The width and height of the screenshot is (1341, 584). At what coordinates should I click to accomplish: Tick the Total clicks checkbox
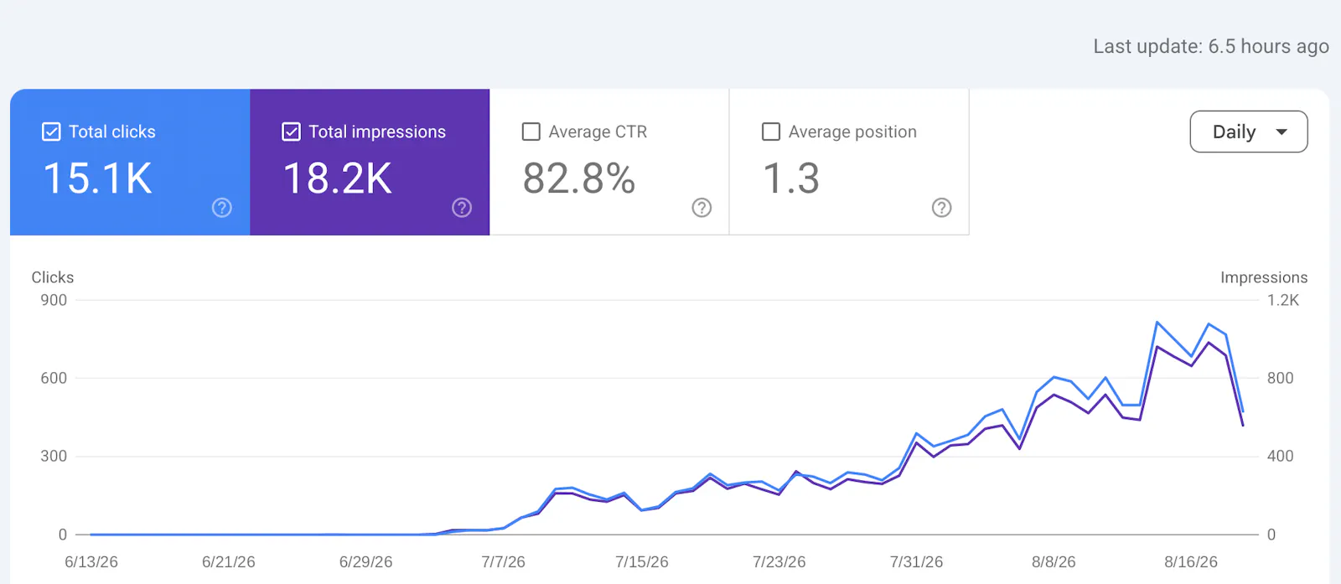(x=51, y=132)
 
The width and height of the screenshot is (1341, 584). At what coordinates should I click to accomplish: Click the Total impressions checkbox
(x=291, y=132)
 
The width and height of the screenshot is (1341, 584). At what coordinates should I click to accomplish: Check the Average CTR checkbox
(x=531, y=132)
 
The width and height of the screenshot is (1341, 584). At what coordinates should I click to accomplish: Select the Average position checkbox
(x=771, y=132)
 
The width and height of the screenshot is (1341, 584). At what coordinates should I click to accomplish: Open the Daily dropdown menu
(x=1249, y=132)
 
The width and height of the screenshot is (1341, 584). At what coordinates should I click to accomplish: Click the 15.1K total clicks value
(x=97, y=178)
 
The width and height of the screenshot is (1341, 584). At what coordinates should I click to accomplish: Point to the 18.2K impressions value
(x=338, y=178)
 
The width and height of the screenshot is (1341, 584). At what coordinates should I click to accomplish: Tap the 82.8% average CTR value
(x=579, y=178)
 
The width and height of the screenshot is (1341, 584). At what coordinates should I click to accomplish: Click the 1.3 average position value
(x=791, y=178)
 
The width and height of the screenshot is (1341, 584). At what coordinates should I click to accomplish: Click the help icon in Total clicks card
(x=222, y=208)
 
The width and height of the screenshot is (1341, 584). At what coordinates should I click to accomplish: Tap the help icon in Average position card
(x=942, y=208)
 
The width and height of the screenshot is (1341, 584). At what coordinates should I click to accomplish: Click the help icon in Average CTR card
(x=702, y=208)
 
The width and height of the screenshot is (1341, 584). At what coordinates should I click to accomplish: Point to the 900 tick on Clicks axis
(x=54, y=300)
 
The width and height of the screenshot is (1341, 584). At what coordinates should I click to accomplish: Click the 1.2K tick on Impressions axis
(x=1283, y=300)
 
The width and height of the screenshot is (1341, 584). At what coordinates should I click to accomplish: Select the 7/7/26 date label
(x=503, y=562)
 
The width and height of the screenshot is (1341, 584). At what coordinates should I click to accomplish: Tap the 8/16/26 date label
(x=1191, y=562)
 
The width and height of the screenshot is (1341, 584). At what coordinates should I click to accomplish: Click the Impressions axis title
(x=1264, y=277)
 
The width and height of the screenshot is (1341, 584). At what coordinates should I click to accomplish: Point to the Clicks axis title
(x=53, y=277)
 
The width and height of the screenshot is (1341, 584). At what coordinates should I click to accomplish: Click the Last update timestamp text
(x=1211, y=47)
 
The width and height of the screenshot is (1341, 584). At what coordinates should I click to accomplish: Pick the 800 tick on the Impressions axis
(x=1281, y=378)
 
